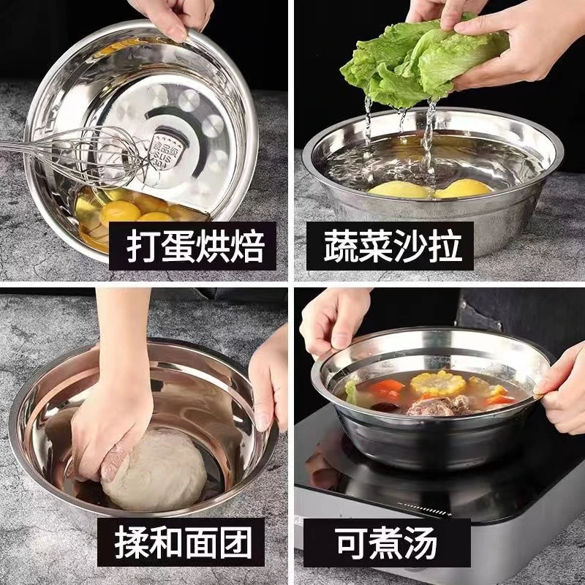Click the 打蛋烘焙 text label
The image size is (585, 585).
click(193, 246)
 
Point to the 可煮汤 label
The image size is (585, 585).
click(387, 544)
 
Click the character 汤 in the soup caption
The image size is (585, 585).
click(421, 544)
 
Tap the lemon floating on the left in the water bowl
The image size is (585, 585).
click(399, 190)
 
